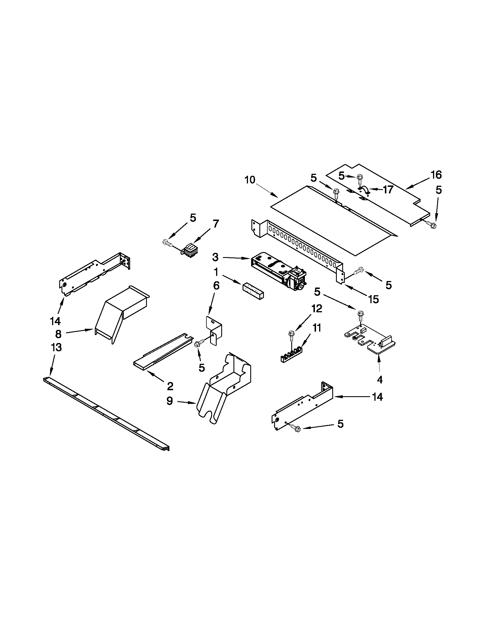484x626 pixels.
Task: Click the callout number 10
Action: tap(250, 180)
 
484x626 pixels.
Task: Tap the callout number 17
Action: tap(388, 189)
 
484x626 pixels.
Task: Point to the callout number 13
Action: tap(56, 347)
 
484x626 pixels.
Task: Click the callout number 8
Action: tap(58, 334)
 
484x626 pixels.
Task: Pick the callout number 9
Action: tap(170, 401)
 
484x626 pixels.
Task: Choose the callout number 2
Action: tap(170, 386)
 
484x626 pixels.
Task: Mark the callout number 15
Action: tap(373, 299)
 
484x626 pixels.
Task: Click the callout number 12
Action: tap(317, 308)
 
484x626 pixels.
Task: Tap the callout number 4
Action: tap(380, 380)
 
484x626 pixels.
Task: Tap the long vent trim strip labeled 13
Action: tap(106, 413)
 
